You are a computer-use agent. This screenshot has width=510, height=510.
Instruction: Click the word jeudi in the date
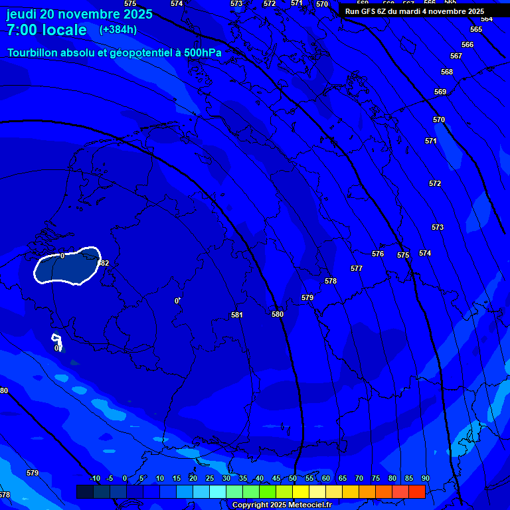(21, 15)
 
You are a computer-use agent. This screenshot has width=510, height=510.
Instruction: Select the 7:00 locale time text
(46, 30)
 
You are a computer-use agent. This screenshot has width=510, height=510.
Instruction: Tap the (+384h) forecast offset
(118, 30)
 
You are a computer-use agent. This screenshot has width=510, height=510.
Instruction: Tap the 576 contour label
(378, 254)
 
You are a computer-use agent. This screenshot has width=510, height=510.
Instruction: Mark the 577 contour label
(357, 269)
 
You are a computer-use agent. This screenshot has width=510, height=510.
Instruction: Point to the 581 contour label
(237, 315)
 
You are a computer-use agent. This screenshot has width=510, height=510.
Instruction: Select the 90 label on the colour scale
(426, 479)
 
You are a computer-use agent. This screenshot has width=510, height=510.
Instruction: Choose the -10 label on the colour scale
(94, 479)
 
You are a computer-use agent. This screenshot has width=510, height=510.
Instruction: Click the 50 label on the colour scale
(293, 479)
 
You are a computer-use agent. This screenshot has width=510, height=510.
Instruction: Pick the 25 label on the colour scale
(210, 479)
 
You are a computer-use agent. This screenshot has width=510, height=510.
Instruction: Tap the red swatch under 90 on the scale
(417, 491)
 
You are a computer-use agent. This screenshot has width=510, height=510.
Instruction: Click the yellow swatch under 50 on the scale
(301, 491)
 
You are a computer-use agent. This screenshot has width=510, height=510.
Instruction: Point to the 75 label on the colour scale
(376, 479)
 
